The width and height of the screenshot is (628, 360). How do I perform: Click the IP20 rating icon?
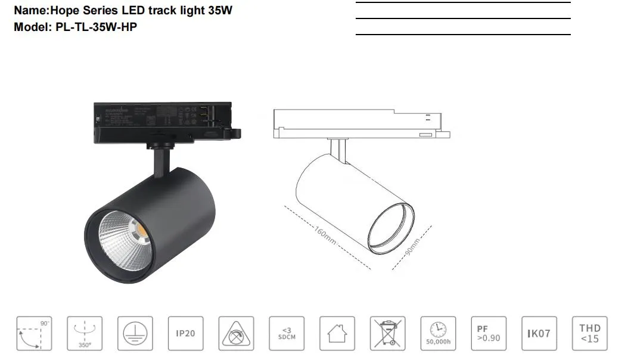click(185, 333)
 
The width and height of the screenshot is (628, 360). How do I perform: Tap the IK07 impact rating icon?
click(539, 333)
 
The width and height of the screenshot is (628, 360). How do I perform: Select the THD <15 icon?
click(590, 333)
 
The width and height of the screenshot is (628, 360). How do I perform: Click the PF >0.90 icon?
click(489, 333)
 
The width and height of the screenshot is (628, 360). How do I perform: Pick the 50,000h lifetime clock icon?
click(438, 333)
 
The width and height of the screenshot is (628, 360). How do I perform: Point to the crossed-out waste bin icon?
click(387, 333)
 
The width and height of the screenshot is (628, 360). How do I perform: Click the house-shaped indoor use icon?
click(337, 333)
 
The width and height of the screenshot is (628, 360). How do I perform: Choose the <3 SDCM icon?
click(287, 333)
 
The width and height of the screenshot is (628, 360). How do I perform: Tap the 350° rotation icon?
click(84, 333)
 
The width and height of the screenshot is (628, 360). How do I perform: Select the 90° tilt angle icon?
click(33, 333)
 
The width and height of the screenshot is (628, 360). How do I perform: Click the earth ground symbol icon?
click(135, 333)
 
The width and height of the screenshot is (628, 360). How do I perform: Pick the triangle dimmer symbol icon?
click(236, 333)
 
